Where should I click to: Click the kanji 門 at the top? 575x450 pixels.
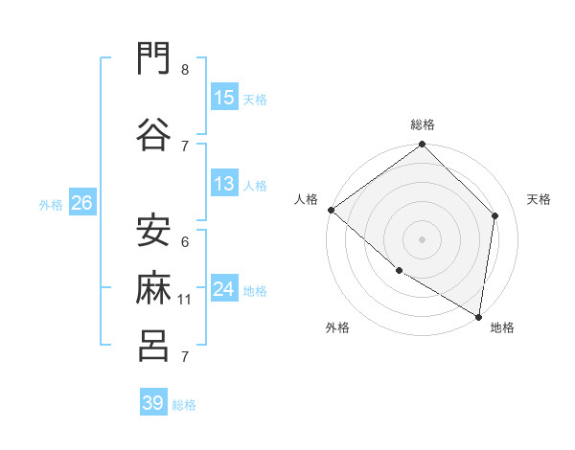153,57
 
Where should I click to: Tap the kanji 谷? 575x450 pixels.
153,134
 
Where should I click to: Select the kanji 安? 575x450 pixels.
153,231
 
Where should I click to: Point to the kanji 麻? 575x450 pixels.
153,287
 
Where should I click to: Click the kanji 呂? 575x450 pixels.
153,346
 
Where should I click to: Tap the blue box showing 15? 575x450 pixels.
224,97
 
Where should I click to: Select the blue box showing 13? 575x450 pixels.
224,183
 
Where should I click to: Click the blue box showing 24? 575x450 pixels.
224,287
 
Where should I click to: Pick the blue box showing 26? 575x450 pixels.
82,202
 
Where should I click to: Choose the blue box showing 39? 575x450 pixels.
153,401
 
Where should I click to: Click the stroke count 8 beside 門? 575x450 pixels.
185,69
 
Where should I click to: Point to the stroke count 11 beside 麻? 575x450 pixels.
184,300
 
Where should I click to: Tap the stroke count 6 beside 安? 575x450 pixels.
185,242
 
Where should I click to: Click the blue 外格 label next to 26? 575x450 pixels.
51,205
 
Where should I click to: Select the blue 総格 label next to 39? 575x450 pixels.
184,405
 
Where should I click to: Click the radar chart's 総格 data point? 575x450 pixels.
422,144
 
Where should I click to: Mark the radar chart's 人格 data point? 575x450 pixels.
332,210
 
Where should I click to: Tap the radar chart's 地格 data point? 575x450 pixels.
478,317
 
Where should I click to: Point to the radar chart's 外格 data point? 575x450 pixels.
400,271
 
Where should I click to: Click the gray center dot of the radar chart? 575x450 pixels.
422,239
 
